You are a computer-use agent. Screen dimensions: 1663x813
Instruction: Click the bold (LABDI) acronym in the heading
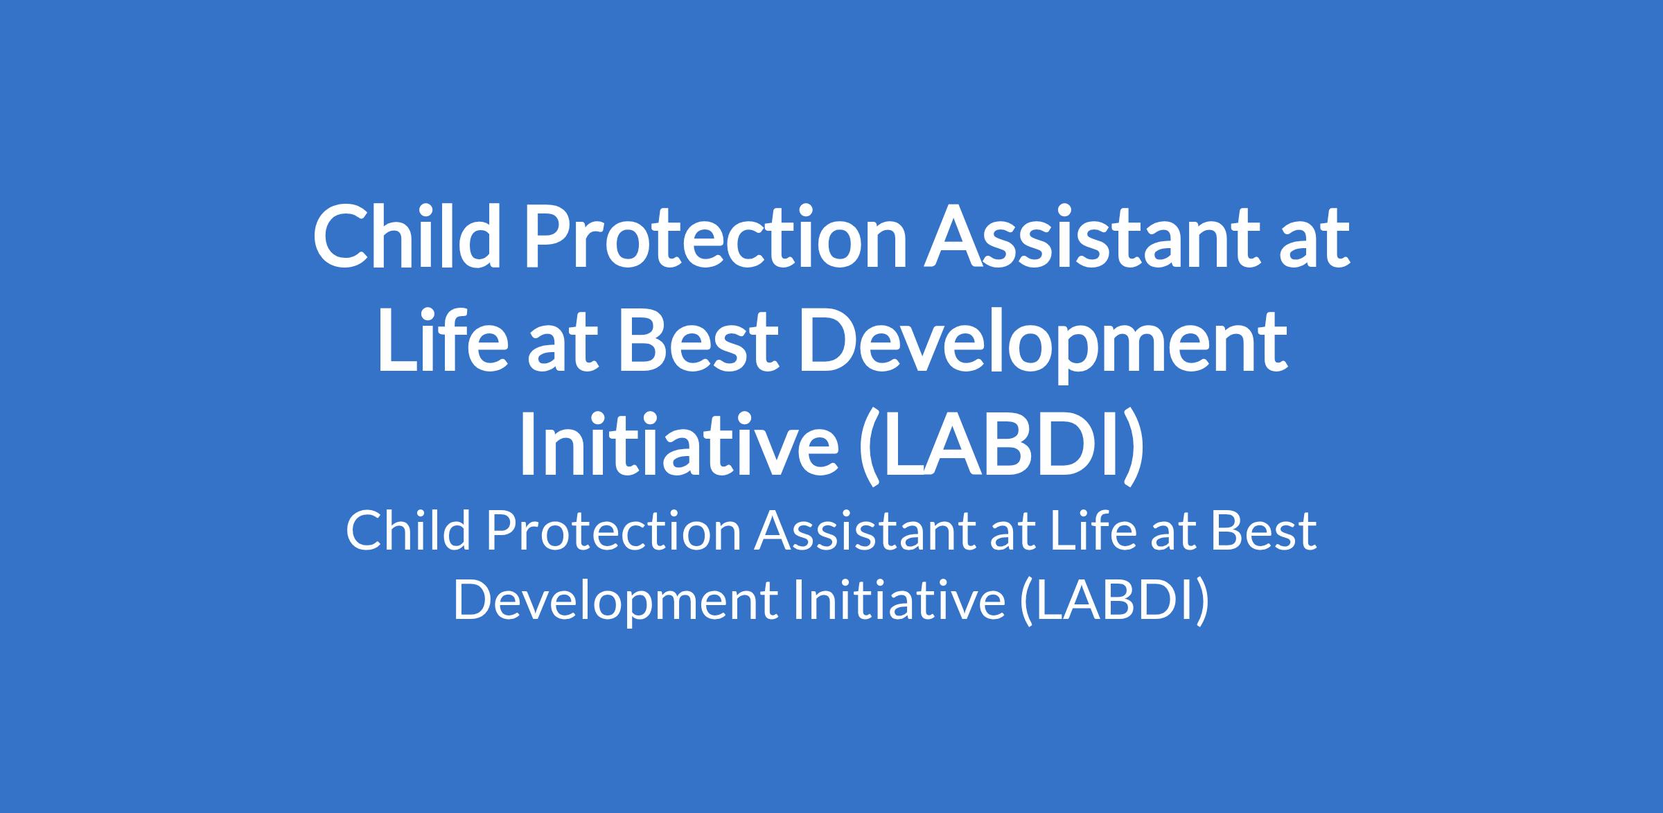pyautogui.click(x=1001, y=446)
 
